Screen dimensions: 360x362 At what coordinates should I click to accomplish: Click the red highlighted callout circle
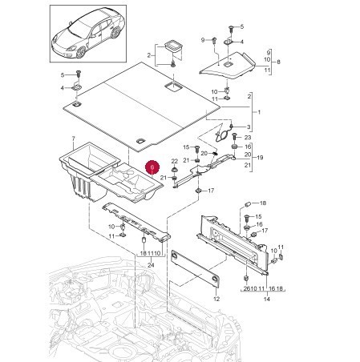click(x=152, y=167)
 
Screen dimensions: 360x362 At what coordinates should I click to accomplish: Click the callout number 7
click(x=74, y=138)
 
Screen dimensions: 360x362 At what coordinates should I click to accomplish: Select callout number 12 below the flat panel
click(x=216, y=299)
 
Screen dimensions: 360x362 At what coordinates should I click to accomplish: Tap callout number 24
click(x=151, y=265)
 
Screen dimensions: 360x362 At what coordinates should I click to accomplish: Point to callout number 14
click(x=267, y=299)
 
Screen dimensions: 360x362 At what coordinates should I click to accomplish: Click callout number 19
click(x=260, y=158)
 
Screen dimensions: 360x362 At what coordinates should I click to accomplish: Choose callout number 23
click(x=248, y=137)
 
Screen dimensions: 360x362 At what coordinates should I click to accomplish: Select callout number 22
click(x=175, y=161)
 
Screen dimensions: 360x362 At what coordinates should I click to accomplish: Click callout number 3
click(x=249, y=127)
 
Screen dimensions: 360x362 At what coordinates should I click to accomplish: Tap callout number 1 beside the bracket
click(x=259, y=112)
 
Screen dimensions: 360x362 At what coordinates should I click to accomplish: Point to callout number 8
click(x=279, y=62)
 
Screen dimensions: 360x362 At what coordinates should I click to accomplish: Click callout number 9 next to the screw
click(x=203, y=40)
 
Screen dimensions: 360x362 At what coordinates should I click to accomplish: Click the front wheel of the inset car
click(x=81, y=52)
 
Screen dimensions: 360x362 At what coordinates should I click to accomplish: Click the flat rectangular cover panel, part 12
click(x=196, y=268)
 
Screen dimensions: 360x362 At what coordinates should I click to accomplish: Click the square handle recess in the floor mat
click(x=174, y=86)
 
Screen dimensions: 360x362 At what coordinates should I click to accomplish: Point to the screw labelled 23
click(x=234, y=137)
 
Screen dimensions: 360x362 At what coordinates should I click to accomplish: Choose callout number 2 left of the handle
click(x=149, y=55)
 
